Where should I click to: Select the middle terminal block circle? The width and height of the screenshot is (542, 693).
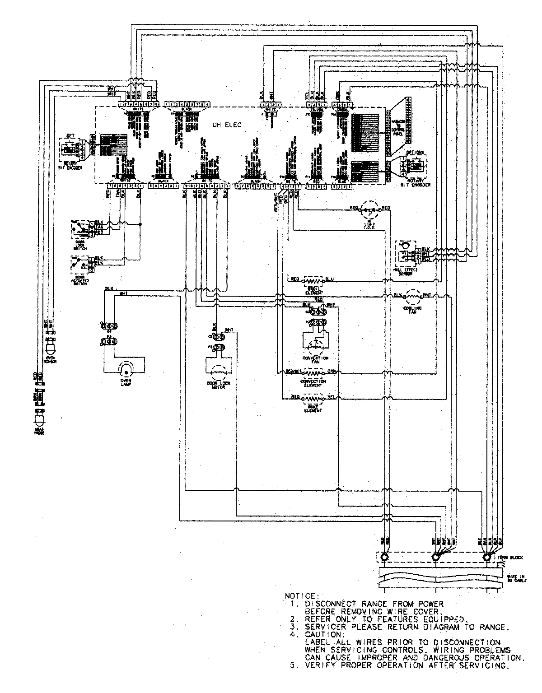point(435,558)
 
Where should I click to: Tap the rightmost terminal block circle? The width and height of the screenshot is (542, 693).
point(486,558)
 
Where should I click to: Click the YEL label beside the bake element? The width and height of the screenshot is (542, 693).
point(331,397)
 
